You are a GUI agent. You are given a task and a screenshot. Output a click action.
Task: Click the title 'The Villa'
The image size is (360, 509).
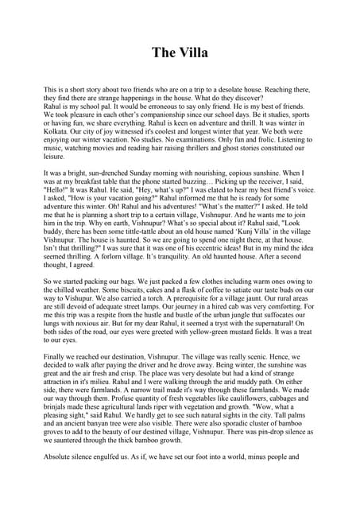coord(180,54)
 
